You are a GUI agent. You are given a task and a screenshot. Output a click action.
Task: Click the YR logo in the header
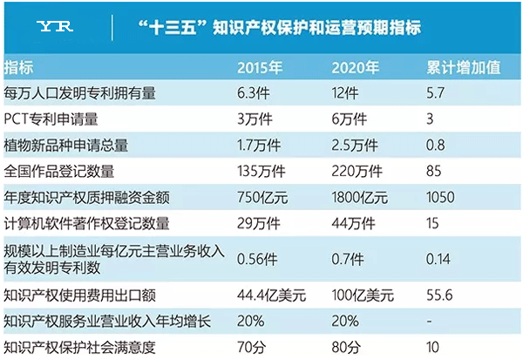(x=57, y=26)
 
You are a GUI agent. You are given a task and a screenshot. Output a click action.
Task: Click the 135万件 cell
(x=263, y=170)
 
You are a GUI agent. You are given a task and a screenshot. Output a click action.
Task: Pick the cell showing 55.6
(x=441, y=296)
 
